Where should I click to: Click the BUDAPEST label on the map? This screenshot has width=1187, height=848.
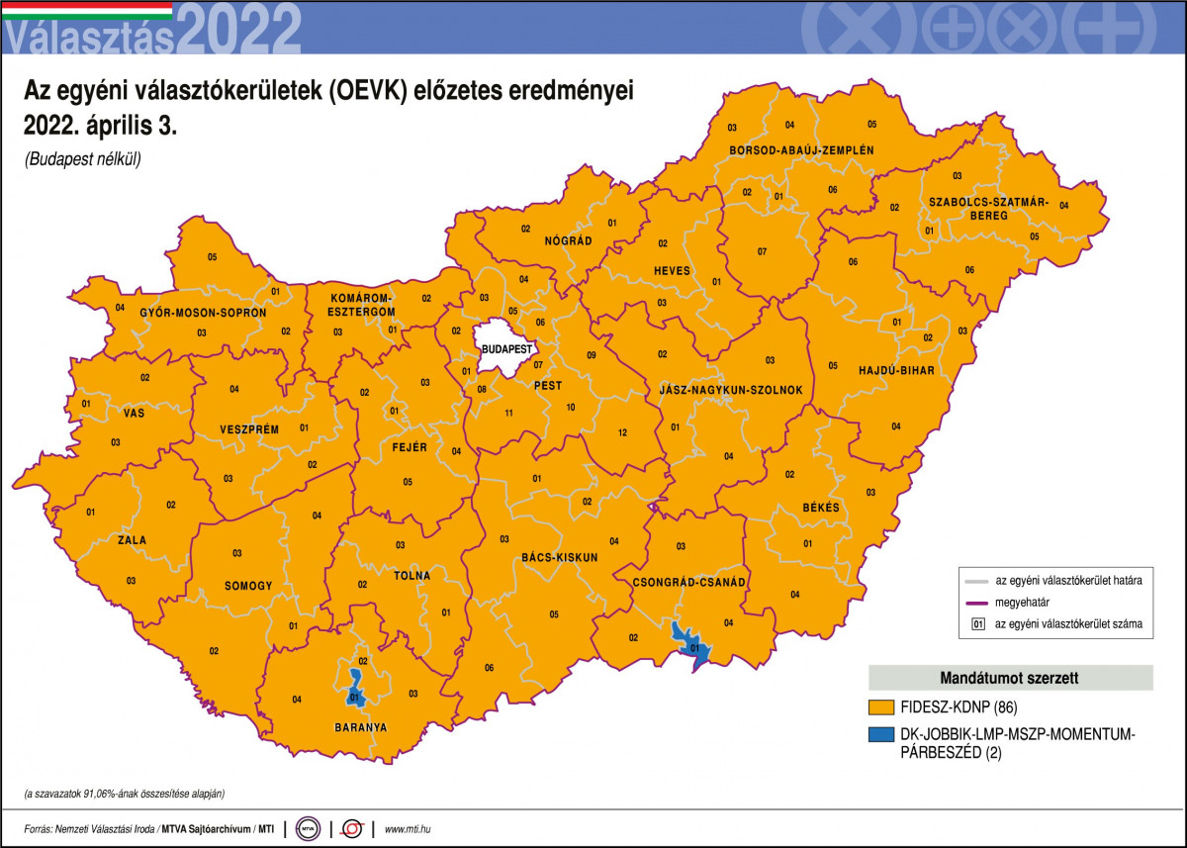click(x=506, y=349)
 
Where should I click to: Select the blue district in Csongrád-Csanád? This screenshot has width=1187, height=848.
click(x=688, y=642)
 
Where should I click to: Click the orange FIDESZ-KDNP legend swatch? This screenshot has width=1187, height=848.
click(x=881, y=707)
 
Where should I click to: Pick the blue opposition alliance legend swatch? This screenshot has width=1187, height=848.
click(x=881, y=735)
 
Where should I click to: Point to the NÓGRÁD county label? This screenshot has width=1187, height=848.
click(x=568, y=241)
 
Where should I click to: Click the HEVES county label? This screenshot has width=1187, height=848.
click(x=672, y=271)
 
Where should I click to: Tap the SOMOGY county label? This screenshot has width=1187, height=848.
click(x=247, y=586)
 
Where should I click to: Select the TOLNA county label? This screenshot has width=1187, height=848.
click(x=411, y=575)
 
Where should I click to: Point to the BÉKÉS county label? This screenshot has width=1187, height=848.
click(x=821, y=508)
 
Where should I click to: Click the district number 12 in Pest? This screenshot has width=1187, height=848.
click(x=622, y=432)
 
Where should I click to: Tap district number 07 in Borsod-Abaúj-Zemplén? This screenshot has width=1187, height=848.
click(x=762, y=251)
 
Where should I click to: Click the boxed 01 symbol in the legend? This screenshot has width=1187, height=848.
click(x=977, y=624)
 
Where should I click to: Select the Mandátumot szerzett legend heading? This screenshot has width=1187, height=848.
click(x=1010, y=678)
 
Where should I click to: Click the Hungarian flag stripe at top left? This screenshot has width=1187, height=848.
click(x=87, y=10)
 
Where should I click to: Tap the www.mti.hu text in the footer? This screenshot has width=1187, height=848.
click(x=408, y=828)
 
